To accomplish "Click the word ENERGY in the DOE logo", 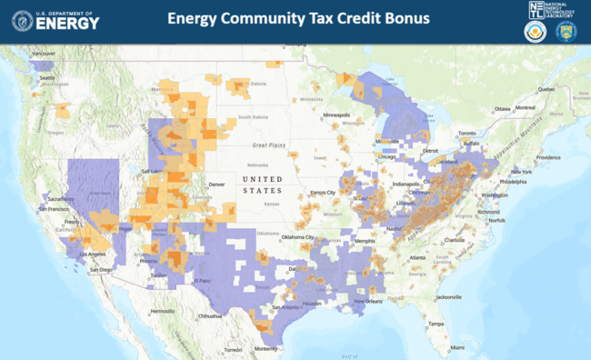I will tap(68, 24).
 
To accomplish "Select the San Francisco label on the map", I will tap(56, 209).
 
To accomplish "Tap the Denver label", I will tap(216, 185).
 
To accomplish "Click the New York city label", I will tap(521, 172).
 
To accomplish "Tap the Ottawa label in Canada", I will tap(503, 108).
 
